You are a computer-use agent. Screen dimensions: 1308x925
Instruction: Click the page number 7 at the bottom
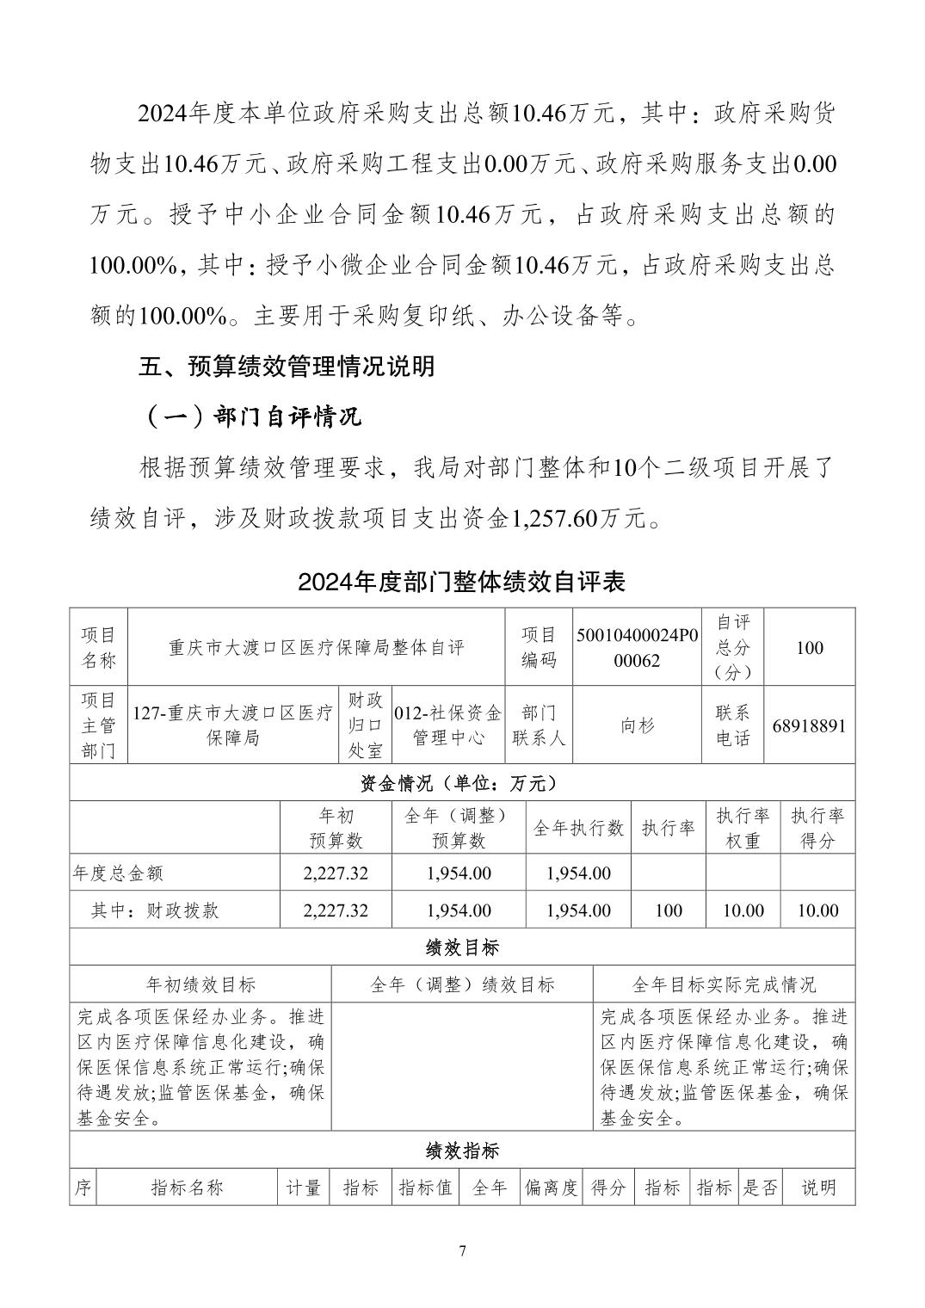462,1250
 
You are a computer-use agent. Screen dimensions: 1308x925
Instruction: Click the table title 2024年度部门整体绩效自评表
461,582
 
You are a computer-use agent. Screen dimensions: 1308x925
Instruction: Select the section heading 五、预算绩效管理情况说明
287,367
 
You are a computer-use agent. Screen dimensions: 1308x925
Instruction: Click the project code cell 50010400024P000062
638,647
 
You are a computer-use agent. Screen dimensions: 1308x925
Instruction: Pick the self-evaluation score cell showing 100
809,647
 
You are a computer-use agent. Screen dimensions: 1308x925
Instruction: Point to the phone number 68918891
809,725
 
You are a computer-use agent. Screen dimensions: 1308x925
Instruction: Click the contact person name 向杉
638,725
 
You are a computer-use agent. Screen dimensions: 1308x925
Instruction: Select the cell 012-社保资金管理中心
447,725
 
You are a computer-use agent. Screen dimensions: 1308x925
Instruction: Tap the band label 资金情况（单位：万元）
462,783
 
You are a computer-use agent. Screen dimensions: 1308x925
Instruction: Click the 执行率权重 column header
743,828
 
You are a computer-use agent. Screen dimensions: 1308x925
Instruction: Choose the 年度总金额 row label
118,873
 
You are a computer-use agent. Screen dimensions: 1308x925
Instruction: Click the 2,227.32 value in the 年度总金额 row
336,873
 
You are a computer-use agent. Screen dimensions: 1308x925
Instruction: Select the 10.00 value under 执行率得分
817,910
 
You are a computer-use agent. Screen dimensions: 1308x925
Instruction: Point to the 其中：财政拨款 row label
155,910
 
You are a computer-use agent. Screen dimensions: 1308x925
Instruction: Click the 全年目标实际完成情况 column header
724,984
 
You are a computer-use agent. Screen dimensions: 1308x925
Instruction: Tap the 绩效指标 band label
462,1150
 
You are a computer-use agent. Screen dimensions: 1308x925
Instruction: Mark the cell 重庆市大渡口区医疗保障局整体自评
317,647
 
